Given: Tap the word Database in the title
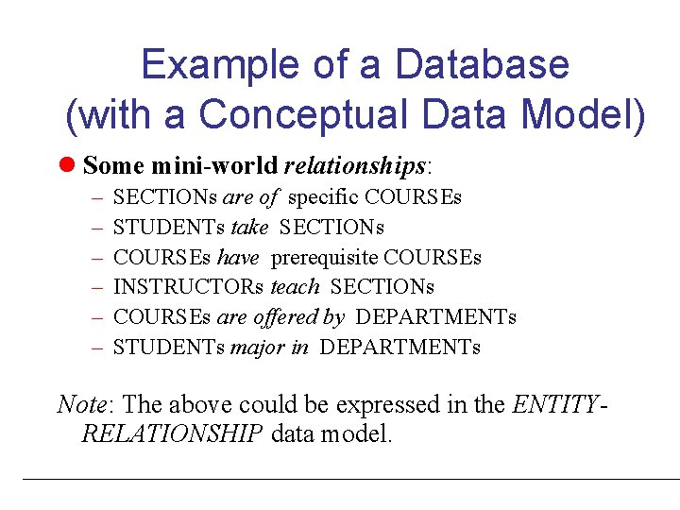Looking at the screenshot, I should coord(483,65).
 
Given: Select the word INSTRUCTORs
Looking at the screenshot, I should coord(189,286).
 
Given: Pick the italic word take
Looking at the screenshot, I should coord(249,227).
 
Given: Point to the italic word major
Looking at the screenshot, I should coord(257,347).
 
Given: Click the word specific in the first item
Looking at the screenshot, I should coord(323,197).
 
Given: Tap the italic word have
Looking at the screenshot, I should coord(238,257).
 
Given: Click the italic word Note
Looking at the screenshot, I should coord(81,404).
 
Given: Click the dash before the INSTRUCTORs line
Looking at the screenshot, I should coord(98,287).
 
